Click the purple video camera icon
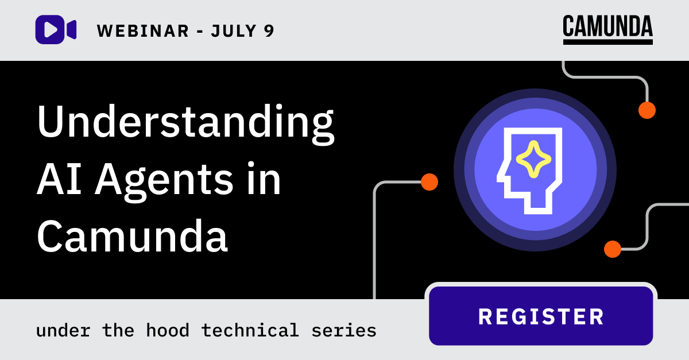[56, 29]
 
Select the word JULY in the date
[232, 30]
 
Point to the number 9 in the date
[269, 30]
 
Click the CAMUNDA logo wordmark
[607, 26]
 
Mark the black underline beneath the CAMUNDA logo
[607, 42]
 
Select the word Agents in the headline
[164, 181]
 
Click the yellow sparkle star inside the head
[533, 158]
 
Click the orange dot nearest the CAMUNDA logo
[647, 110]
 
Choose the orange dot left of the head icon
[429, 182]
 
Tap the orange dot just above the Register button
[613, 249]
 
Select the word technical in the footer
[250, 330]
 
